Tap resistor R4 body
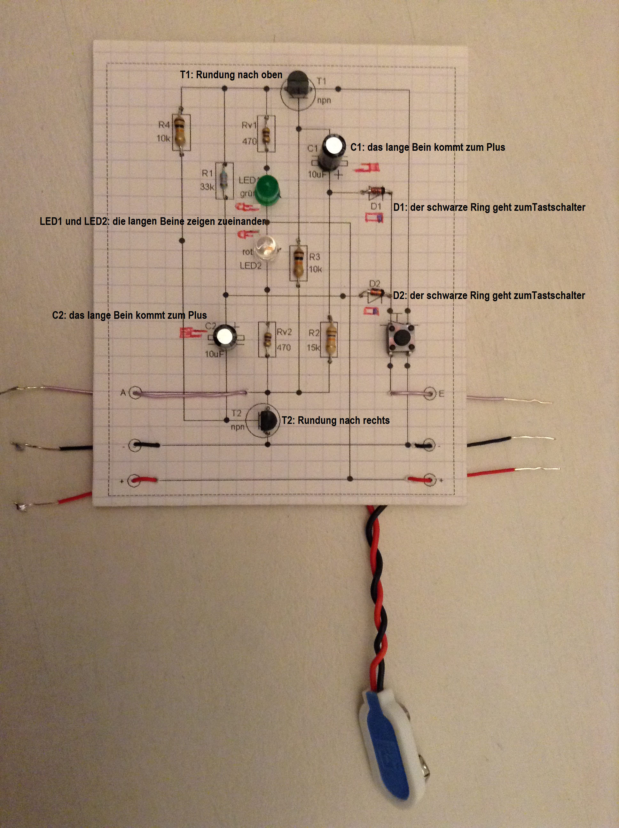tap(180, 131)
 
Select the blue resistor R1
tap(224, 180)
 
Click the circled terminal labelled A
tap(135, 393)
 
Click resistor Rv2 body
tap(268, 339)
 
